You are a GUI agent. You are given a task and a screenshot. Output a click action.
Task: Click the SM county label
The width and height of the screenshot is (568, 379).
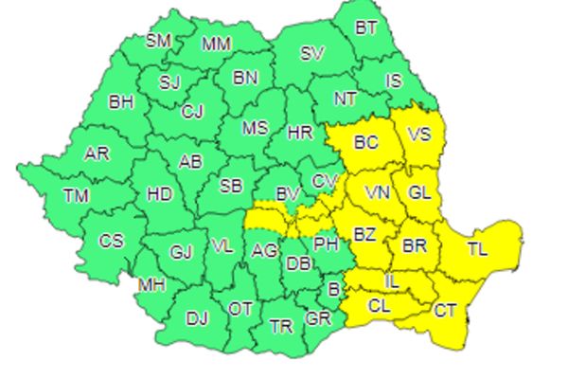[x=158, y=41]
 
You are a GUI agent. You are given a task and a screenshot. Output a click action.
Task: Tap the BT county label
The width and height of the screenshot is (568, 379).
[x=366, y=27]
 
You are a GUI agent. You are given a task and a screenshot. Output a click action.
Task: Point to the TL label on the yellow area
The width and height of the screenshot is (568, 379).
[x=478, y=250]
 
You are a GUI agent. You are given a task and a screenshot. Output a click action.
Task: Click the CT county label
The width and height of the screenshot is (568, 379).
[x=446, y=310]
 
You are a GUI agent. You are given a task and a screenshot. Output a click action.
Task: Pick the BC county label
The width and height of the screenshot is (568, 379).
[x=364, y=144]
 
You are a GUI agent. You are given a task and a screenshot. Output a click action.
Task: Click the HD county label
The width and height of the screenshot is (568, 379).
[x=160, y=194]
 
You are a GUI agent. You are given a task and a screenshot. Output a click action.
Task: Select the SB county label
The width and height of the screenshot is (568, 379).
[x=232, y=187]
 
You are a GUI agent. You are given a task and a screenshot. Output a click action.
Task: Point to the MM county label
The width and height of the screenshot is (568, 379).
[x=217, y=44]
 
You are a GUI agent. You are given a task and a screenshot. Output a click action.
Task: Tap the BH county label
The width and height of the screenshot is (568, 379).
[x=121, y=100]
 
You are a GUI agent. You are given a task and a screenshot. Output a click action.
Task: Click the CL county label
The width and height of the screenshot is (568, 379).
[x=379, y=305]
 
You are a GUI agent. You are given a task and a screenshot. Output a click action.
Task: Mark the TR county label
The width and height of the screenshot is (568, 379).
[x=280, y=327]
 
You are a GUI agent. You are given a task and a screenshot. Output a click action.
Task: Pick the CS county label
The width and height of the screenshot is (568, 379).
[x=112, y=241]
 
